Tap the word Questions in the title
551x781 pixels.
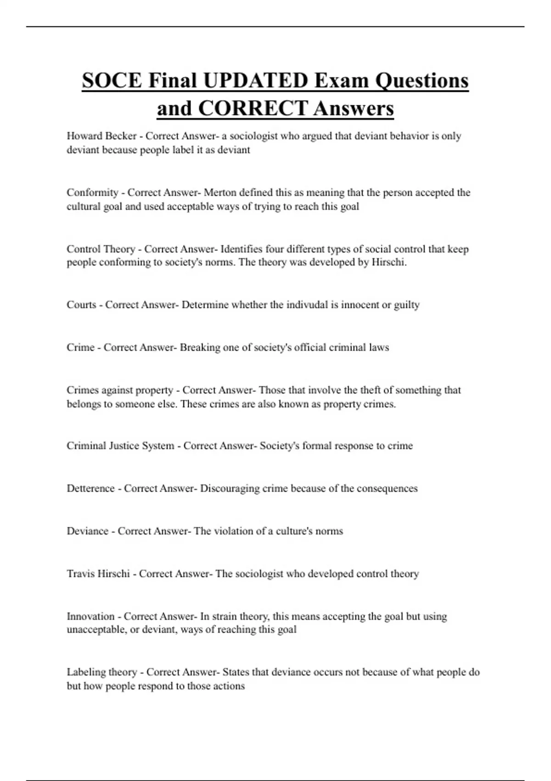point(422,81)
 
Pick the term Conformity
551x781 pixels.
point(92,192)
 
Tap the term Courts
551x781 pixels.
point(81,305)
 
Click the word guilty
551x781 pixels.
point(407,305)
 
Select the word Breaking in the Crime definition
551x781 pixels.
point(200,347)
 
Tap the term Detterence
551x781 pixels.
point(90,488)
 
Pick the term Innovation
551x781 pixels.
point(90,617)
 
